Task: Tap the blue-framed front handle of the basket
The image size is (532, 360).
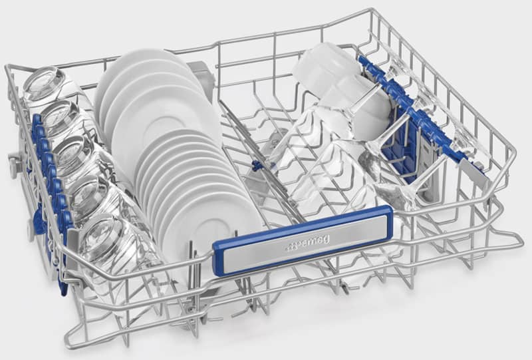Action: point(303,240)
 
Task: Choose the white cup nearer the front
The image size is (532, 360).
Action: point(360,102)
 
